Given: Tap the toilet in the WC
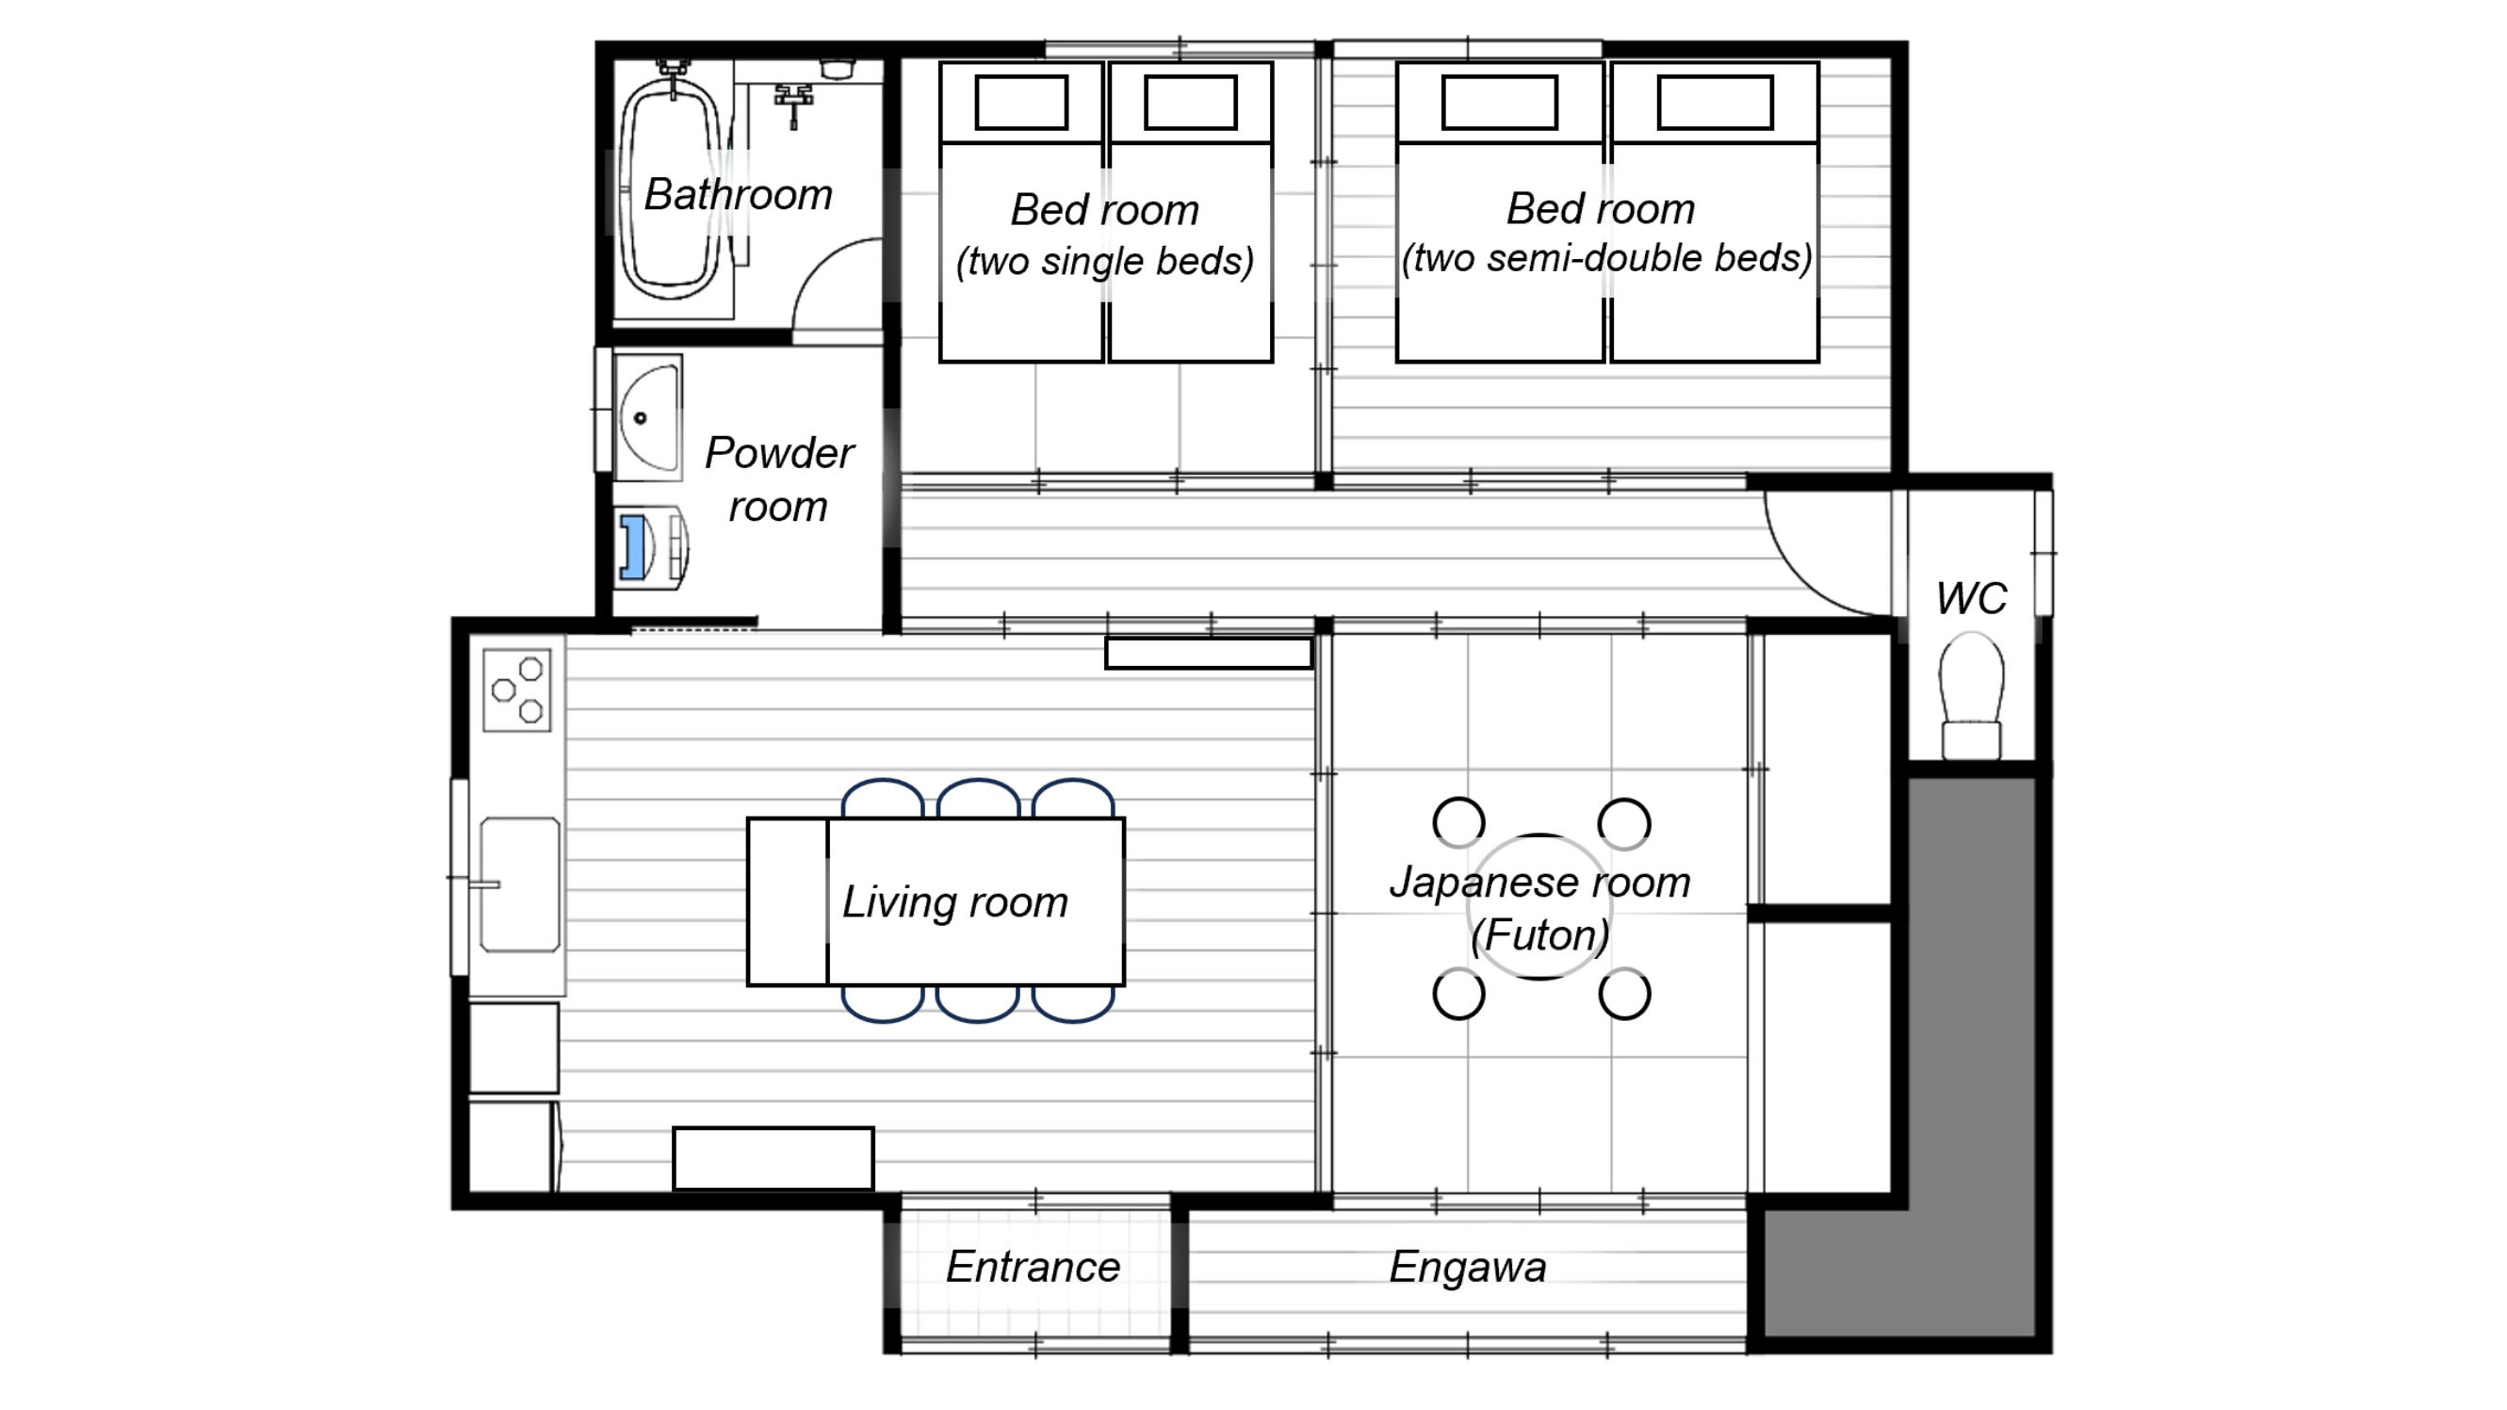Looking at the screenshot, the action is pyautogui.click(x=1971, y=695).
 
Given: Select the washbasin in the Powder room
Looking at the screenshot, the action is pyautogui.click(x=648, y=417).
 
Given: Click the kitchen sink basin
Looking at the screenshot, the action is pyautogui.click(x=520, y=883).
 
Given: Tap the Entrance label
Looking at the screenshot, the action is pyautogui.click(x=1033, y=1267).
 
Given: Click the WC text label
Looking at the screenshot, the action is pyautogui.click(x=1971, y=597).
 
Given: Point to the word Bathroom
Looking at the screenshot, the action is pyautogui.click(x=738, y=195).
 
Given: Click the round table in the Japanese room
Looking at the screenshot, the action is pyautogui.click(x=1538, y=907).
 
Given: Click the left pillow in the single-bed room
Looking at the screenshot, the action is pyautogui.click(x=1021, y=102).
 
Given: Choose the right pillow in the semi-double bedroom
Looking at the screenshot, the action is pyautogui.click(x=1715, y=102).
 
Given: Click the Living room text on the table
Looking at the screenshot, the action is pyautogui.click(x=954, y=903).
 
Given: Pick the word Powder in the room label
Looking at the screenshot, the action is pyautogui.click(x=778, y=453).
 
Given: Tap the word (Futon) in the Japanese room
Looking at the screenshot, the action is pyautogui.click(x=1539, y=936).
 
